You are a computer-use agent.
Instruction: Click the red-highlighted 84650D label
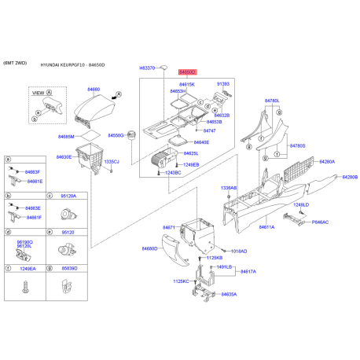tap(187, 71)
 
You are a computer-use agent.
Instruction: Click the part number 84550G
tap(116, 135)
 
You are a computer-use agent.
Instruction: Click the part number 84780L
tap(273, 101)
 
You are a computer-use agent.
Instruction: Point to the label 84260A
tap(327, 162)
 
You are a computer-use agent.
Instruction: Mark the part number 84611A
tap(266, 226)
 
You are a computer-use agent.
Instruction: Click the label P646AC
tap(320, 222)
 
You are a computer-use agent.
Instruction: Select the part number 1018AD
tap(238, 251)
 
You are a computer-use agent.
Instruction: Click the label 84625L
tap(191, 153)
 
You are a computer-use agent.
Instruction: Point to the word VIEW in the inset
tap(37, 93)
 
